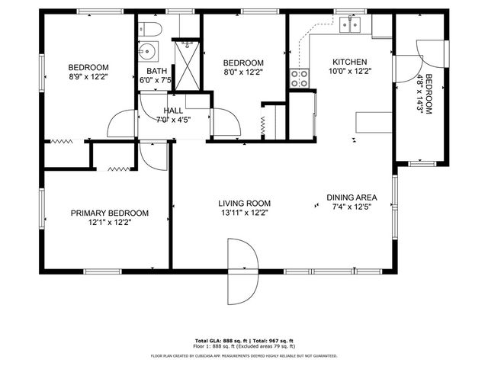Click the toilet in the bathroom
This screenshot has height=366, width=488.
pyautogui.click(x=150, y=30)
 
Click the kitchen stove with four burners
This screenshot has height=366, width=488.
pyautogui.click(x=299, y=77)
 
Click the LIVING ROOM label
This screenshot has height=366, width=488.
pyautogui.click(x=245, y=204)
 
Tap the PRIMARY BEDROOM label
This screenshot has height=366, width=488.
pyautogui.click(x=110, y=213)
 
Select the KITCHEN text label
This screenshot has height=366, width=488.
pyautogui.click(x=350, y=63)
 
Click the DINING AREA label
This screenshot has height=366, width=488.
pyautogui.click(x=352, y=197)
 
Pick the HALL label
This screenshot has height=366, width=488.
pyautogui.click(x=172, y=110)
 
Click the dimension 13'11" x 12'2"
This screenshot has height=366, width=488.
pyautogui.click(x=245, y=213)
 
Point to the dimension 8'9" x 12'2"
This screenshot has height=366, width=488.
pyautogui.click(x=88, y=76)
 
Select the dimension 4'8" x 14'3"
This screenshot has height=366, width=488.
pyautogui.click(x=419, y=94)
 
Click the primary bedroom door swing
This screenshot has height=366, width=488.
pyautogui.click(x=153, y=156)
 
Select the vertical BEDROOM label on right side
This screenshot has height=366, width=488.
pyautogui.click(x=429, y=94)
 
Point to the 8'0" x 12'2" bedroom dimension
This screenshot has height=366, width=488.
pyautogui.click(x=243, y=72)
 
